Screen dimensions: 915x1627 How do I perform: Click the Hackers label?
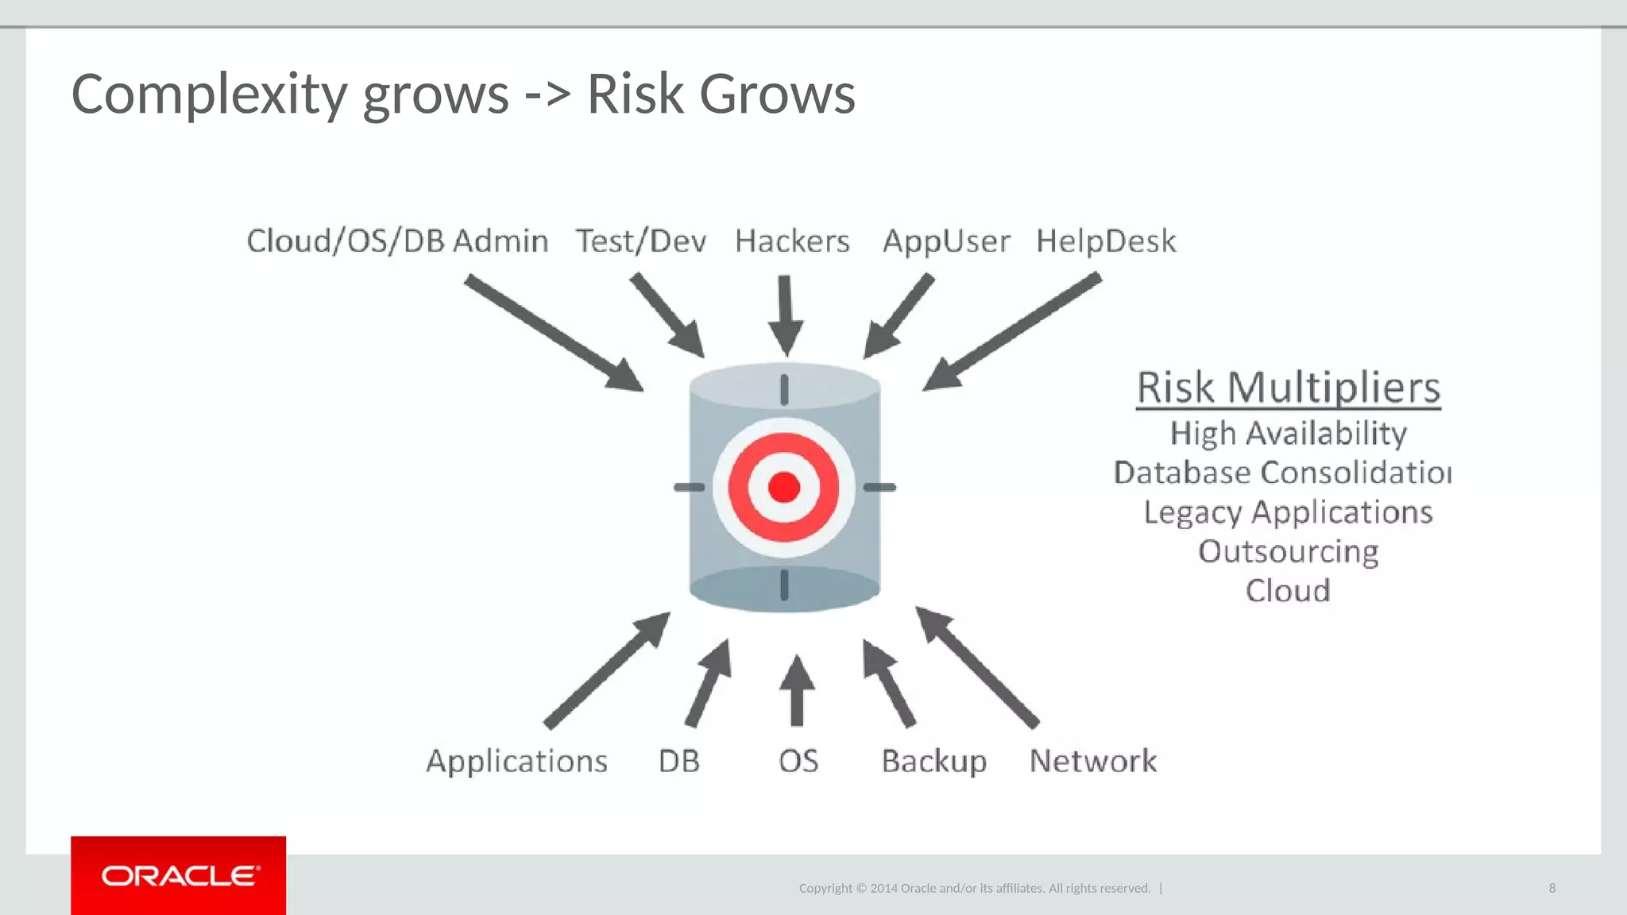[792, 241]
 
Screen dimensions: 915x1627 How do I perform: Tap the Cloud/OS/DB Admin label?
[397, 241]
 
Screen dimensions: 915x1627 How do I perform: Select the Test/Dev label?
[641, 241]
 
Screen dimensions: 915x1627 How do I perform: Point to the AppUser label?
[946, 241]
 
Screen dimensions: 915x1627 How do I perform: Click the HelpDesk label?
[1106, 241]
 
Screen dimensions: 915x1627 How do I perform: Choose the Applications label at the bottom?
[517, 761]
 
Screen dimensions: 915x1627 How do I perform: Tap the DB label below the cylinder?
[679, 761]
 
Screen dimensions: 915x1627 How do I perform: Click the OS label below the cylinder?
[798, 761]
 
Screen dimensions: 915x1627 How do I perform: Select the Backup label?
[934, 761]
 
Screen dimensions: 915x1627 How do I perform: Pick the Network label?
[1093, 761]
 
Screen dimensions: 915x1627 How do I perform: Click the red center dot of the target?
[784, 487]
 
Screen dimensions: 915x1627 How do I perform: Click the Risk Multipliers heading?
[1288, 388]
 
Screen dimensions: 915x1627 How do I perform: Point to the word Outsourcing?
[1288, 551]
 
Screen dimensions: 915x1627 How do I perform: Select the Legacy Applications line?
[1288, 512]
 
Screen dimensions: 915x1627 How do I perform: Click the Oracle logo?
[179, 875]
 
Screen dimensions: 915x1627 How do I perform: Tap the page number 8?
[1552, 888]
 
